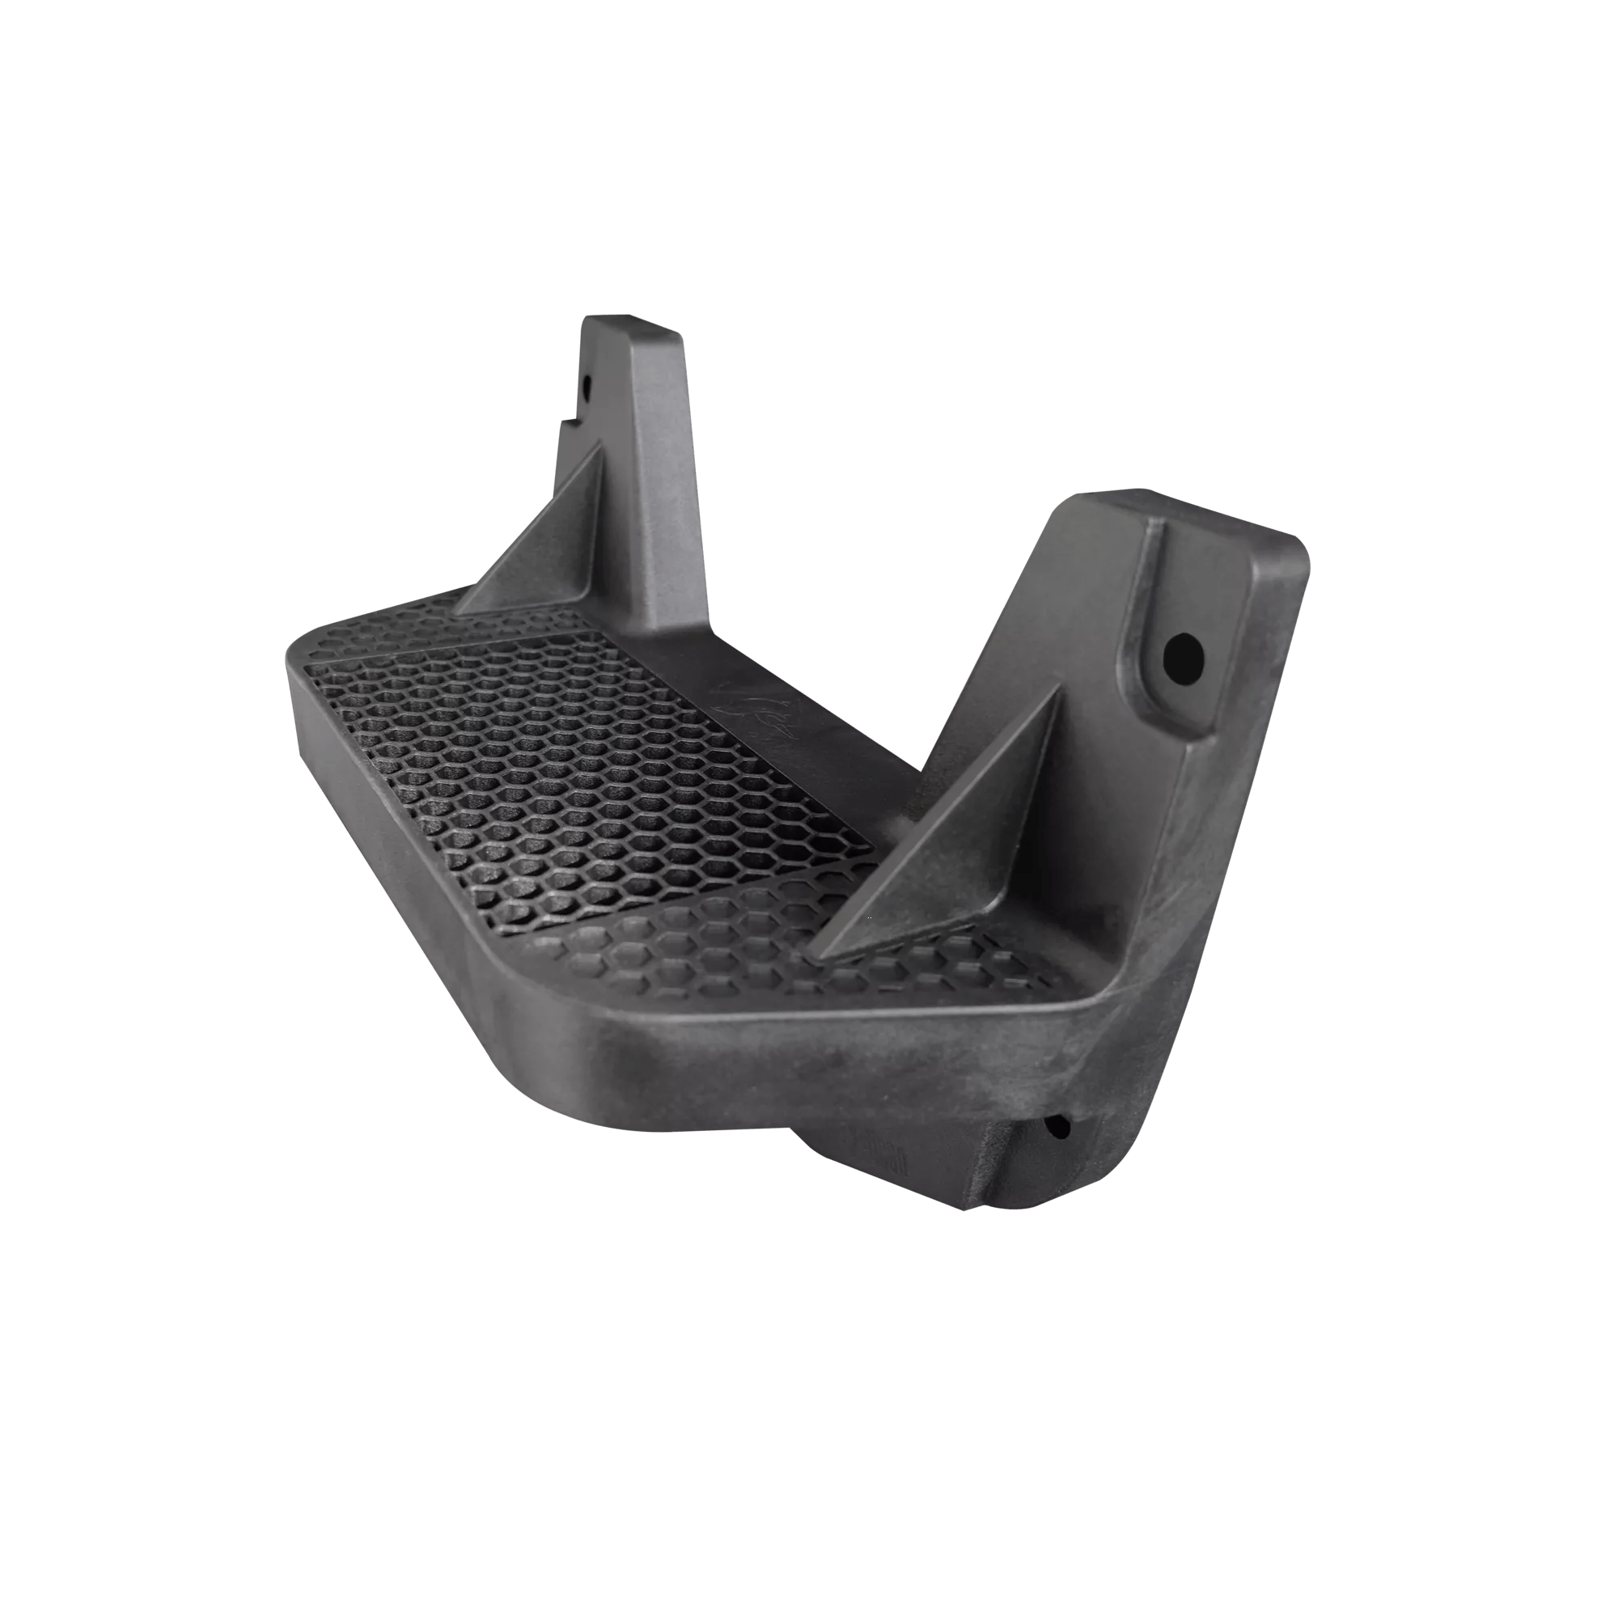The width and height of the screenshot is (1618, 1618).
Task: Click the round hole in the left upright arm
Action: (x=587, y=387)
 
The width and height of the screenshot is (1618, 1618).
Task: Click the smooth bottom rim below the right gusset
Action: (x=837, y=1055)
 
